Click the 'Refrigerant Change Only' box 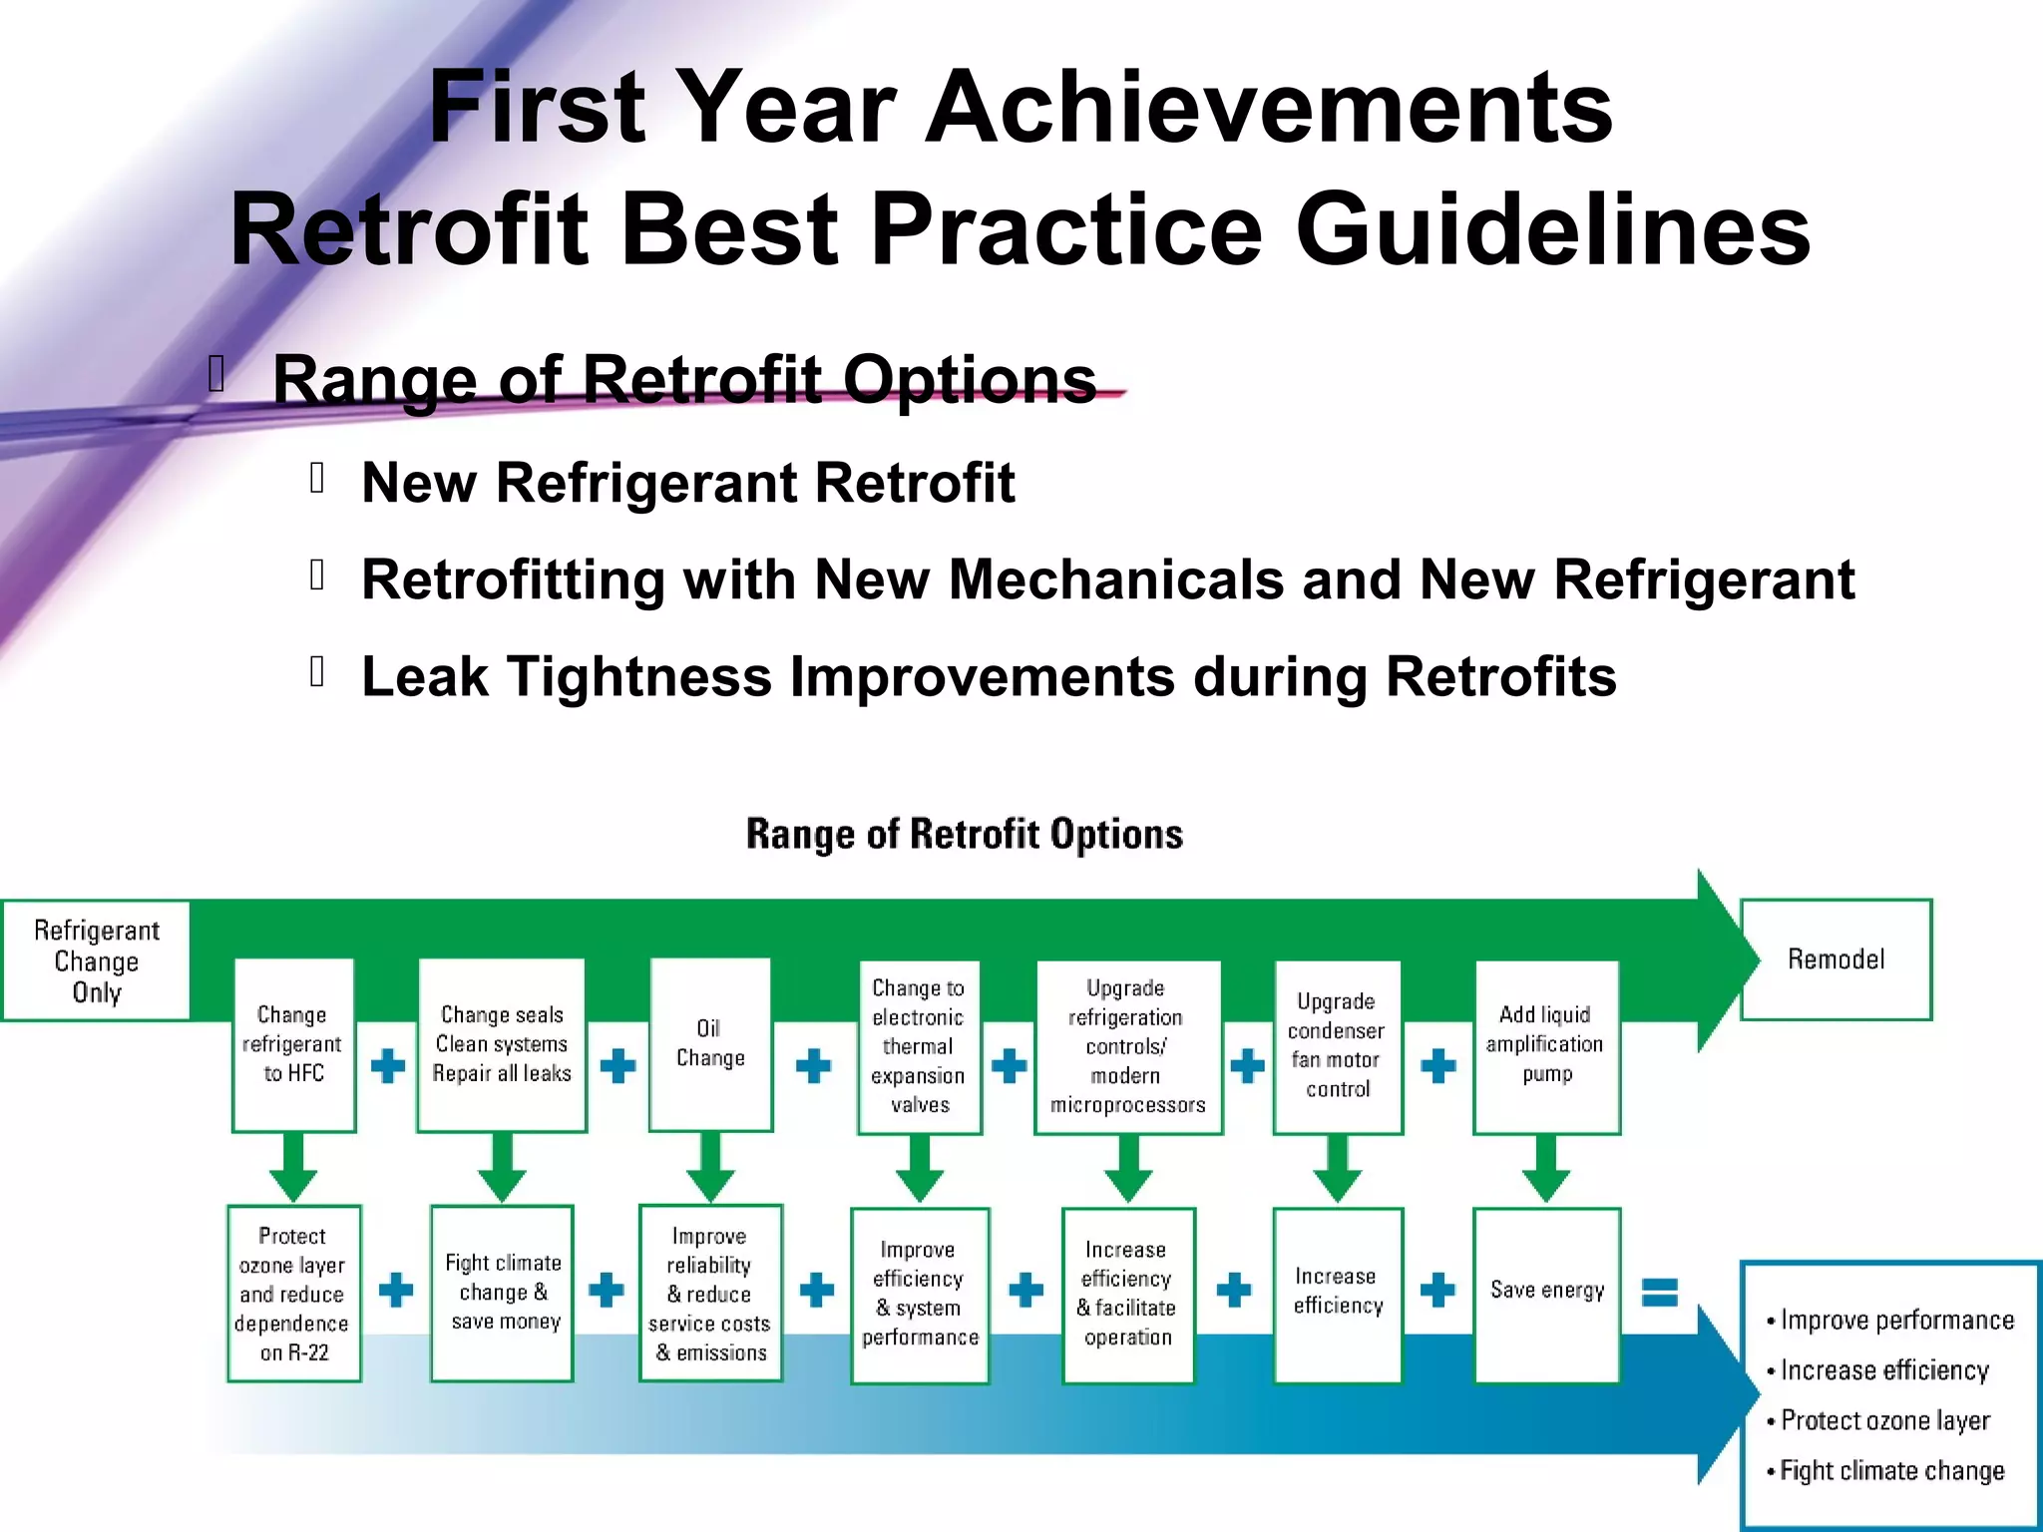(97, 960)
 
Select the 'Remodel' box (1836, 959)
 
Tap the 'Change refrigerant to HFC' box (293, 1044)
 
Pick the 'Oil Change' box (710, 1043)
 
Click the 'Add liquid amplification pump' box (1546, 1046)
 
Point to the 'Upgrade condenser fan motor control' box (1337, 1046)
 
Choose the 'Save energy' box (1546, 1294)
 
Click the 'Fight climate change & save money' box (503, 1293)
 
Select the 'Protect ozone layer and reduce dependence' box (293, 1294)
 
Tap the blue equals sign (1660, 1293)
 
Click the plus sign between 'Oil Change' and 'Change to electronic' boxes (814, 1065)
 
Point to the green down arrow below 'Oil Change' (710, 1167)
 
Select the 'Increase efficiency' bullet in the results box (1884, 1370)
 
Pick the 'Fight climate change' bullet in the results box (1891, 1470)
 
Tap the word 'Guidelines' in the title (1552, 230)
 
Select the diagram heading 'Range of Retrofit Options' (965, 834)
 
